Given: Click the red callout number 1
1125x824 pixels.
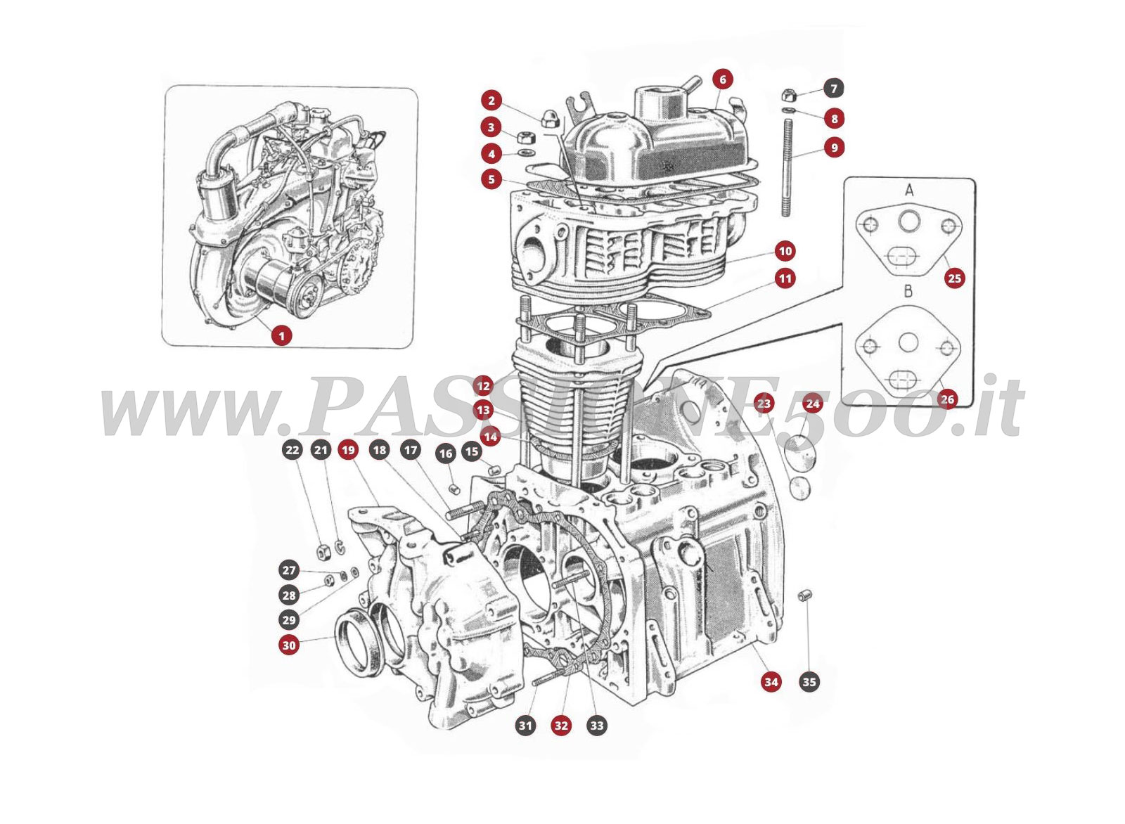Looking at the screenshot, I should point(281,336).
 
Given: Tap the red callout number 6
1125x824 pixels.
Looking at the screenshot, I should point(722,79).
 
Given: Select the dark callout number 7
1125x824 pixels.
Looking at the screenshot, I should point(834,89).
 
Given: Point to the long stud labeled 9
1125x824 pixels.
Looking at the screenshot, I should point(787,169).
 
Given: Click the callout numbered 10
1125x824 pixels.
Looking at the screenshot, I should point(785,251).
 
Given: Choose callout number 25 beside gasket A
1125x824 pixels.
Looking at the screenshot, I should point(954,278).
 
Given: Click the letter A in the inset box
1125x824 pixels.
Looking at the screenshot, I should point(908,191).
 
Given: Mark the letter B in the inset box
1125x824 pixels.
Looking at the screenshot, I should point(908,290).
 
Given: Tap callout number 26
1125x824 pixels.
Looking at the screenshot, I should point(947,399).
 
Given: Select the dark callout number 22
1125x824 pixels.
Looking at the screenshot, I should point(292,450).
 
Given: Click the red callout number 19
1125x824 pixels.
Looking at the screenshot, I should point(348,450).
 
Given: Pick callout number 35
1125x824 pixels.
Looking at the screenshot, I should point(809,681).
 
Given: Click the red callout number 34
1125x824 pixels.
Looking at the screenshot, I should point(771,681).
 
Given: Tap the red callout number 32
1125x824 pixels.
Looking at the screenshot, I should point(561,725).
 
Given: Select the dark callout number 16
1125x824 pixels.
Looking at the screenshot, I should point(445,453).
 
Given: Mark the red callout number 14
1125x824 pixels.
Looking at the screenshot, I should point(490,437).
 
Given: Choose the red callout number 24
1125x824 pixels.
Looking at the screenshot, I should point(812,404).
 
